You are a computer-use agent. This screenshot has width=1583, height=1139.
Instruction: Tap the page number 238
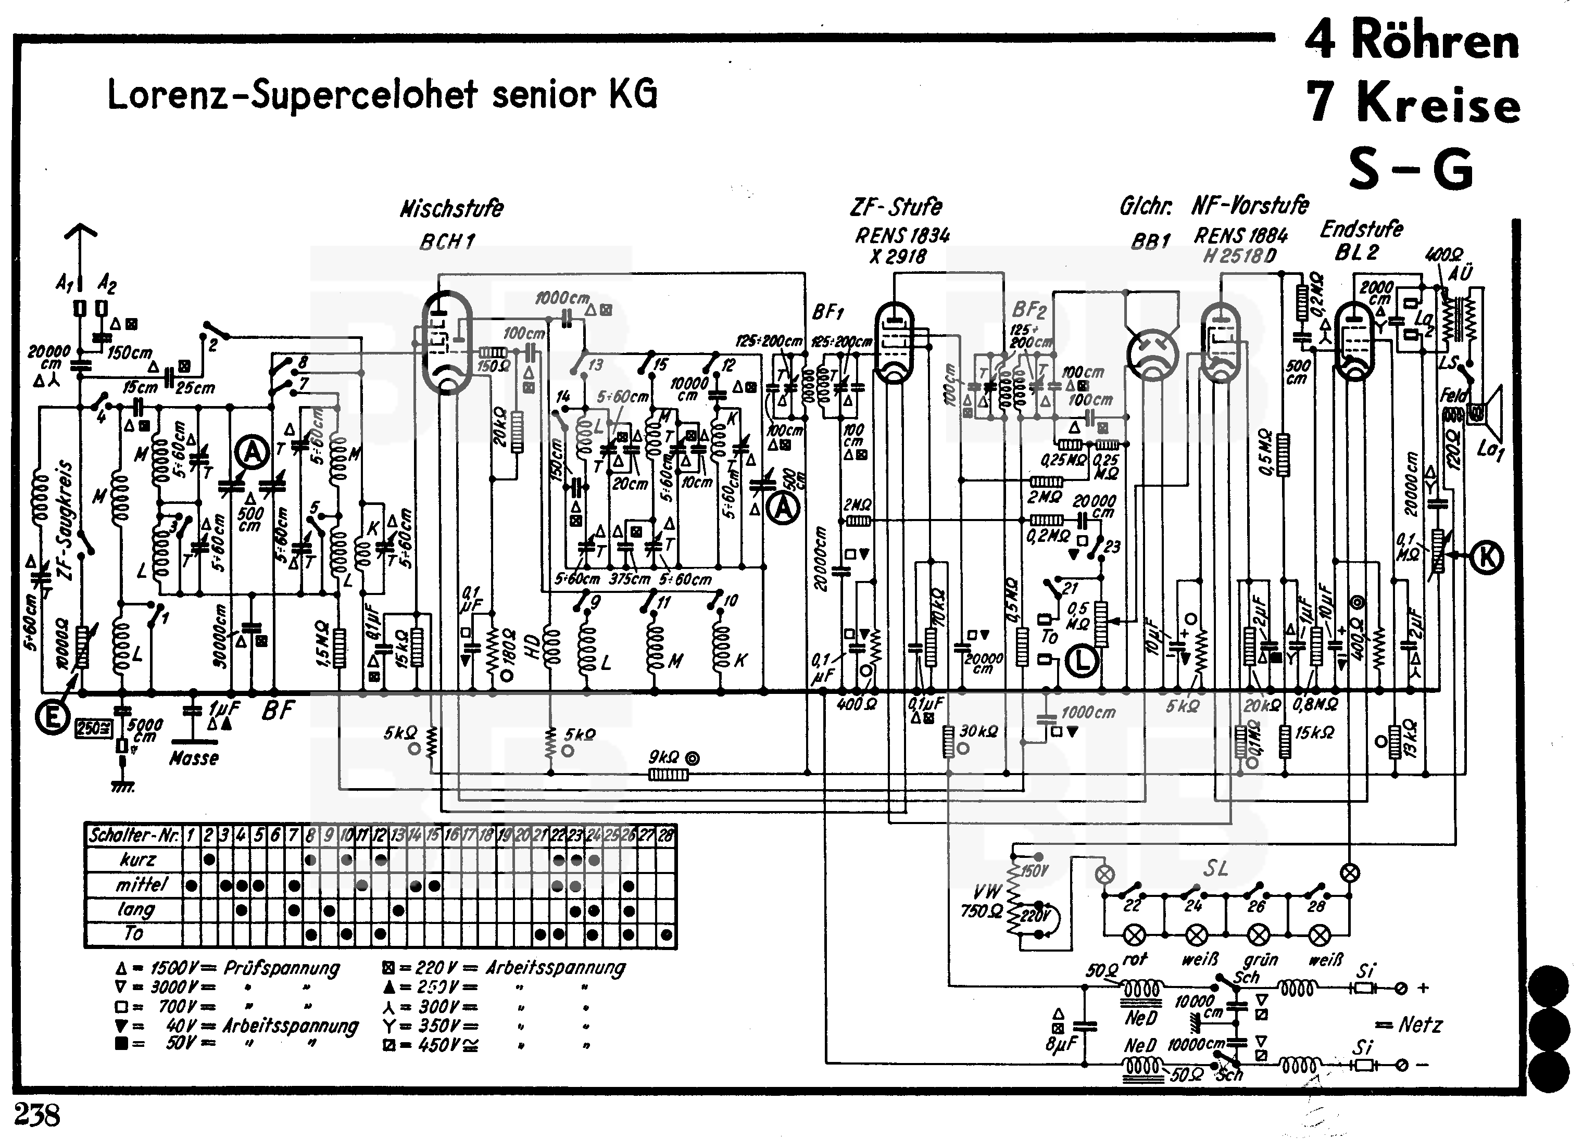[37, 1115]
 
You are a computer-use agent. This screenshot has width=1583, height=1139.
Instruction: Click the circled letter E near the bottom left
[53, 718]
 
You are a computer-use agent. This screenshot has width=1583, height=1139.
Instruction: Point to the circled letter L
[1082, 660]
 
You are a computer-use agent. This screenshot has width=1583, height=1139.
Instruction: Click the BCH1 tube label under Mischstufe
[447, 242]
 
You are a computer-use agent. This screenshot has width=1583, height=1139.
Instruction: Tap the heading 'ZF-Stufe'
[896, 207]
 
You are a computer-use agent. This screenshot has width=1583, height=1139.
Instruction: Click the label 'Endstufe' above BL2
[1361, 229]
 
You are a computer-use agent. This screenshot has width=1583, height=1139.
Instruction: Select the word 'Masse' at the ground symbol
[194, 758]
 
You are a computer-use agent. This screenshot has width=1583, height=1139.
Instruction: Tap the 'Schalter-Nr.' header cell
[133, 834]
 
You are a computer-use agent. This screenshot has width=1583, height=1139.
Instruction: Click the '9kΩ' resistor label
[664, 757]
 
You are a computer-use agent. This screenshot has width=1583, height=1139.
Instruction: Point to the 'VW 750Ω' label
[982, 901]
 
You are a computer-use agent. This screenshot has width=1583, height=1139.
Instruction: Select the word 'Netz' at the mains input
[1419, 1024]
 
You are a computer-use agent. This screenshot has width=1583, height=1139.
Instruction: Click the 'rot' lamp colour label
[1135, 959]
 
